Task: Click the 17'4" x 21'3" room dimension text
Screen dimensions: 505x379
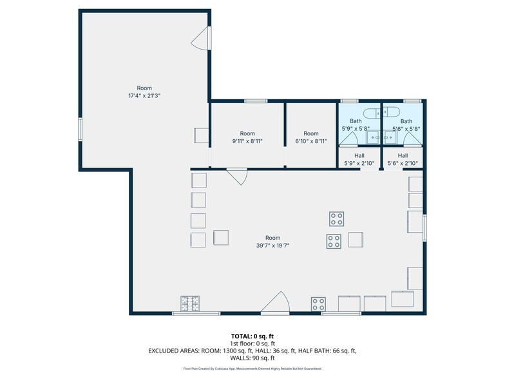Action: pyautogui.click(x=144, y=95)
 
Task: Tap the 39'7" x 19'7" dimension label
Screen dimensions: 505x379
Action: pyautogui.click(x=273, y=246)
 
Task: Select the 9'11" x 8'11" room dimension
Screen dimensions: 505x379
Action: pyautogui.click(x=247, y=141)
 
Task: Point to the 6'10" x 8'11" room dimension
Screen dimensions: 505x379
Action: pyautogui.click(x=311, y=141)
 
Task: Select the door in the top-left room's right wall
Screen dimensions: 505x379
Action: pyautogui.click(x=201, y=38)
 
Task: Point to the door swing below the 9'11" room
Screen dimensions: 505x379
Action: pyautogui.click(x=237, y=177)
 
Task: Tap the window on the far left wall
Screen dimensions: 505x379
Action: pyautogui.click(x=80, y=129)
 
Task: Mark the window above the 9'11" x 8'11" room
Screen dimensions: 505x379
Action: pyautogui.click(x=256, y=101)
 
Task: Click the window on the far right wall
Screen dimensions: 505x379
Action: pyautogui.click(x=425, y=228)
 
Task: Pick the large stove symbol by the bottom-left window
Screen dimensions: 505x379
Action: pyautogui.click(x=190, y=304)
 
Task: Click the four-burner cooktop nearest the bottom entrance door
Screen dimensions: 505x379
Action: pyautogui.click(x=318, y=304)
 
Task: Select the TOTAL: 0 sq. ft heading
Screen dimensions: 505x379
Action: pyautogui.click(x=252, y=336)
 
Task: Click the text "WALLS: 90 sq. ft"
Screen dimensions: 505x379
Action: pyautogui.click(x=252, y=358)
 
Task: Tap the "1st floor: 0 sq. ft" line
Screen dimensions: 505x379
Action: pyautogui.click(x=252, y=344)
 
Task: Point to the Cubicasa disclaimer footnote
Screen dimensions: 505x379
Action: pyautogui.click(x=252, y=369)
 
